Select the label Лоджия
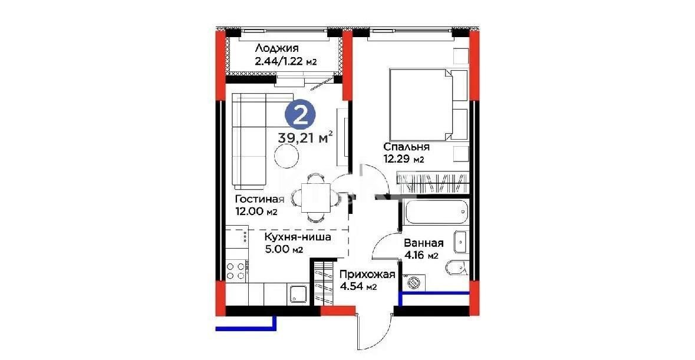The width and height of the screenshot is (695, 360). [x=277, y=49]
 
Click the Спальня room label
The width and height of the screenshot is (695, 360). [x=406, y=147]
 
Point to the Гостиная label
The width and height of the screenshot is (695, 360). [x=259, y=199]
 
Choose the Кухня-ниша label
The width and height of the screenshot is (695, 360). [x=298, y=237]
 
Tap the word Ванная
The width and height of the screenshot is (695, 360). [x=423, y=243]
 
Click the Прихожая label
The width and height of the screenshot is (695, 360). [x=367, y=274]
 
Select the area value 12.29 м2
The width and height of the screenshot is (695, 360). [x=403, y=159]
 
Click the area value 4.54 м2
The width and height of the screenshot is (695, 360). [x=358, y=287]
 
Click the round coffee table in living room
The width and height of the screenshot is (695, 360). [x=287, y=156]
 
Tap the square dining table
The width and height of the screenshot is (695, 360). [x=317, y=199]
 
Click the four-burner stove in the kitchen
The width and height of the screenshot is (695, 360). [x=236, y=270]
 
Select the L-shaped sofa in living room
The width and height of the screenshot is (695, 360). [x=248, y=138]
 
